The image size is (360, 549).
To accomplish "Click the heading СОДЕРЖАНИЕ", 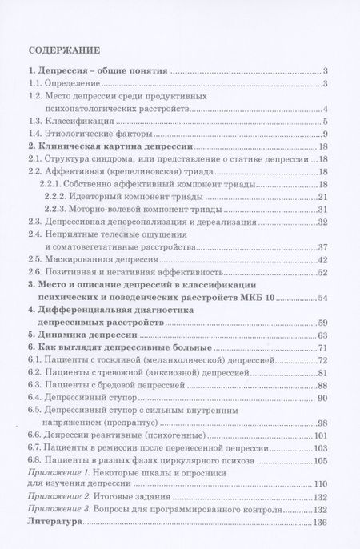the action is coord(62,47).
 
